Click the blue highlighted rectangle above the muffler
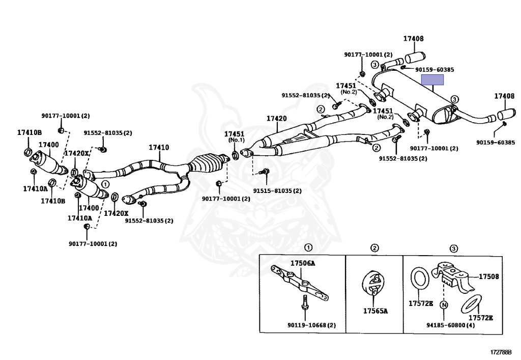click(432, 79)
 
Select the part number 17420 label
click(277, 119)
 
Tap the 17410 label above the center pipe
click(159, 148)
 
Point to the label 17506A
click(303, 263)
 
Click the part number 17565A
click(375, 311)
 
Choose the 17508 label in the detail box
click(488, 277)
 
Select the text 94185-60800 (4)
click(451, 325)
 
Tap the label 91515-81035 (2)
click(277, 191)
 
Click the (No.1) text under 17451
click(236, 140)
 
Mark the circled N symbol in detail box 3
click(444, 306)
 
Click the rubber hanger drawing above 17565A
click(374, 285)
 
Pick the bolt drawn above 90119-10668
click(304, 303)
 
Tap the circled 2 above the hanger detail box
click(374, 248)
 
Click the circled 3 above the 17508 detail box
click(454, 248)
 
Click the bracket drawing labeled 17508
click(453, 277)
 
